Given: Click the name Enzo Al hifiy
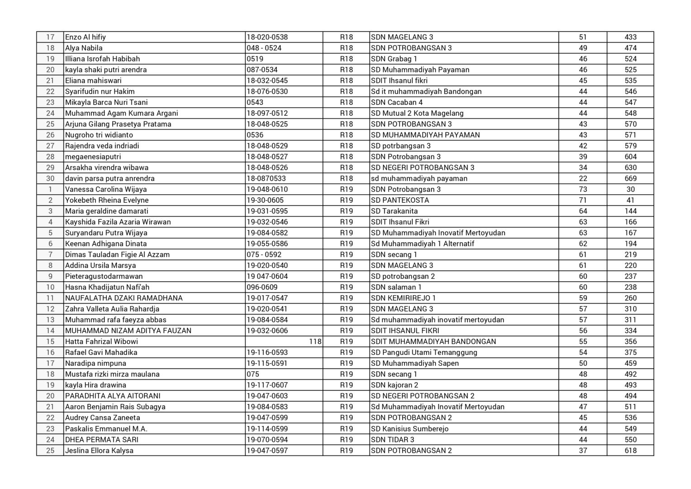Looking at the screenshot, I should tap(85, 37).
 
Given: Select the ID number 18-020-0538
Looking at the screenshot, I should tap(267, 37).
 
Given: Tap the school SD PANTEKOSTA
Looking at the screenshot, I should tap(400, 200).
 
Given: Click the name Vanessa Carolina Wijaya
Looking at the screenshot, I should tap(106, 189).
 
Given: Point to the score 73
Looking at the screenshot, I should tap(583, 189).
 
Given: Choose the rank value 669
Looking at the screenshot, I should tap(630, 178).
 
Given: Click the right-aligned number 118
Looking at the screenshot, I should tap(315, 341).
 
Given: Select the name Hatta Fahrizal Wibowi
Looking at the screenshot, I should tap(101, 341).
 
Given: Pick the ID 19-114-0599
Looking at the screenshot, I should tap(267, 429).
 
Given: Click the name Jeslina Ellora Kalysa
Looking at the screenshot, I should tap(99, 451).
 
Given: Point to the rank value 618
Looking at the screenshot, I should tap(630, 451).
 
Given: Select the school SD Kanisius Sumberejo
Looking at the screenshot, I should tap(410, 429).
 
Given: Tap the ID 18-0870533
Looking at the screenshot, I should tap(266, 178).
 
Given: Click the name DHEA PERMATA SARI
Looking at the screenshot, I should tap(102, 440).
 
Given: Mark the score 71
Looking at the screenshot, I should tap(583, 200).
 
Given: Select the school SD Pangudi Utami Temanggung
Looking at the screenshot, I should tap(424, 352).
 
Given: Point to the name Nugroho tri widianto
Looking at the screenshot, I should tap(99, 135).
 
